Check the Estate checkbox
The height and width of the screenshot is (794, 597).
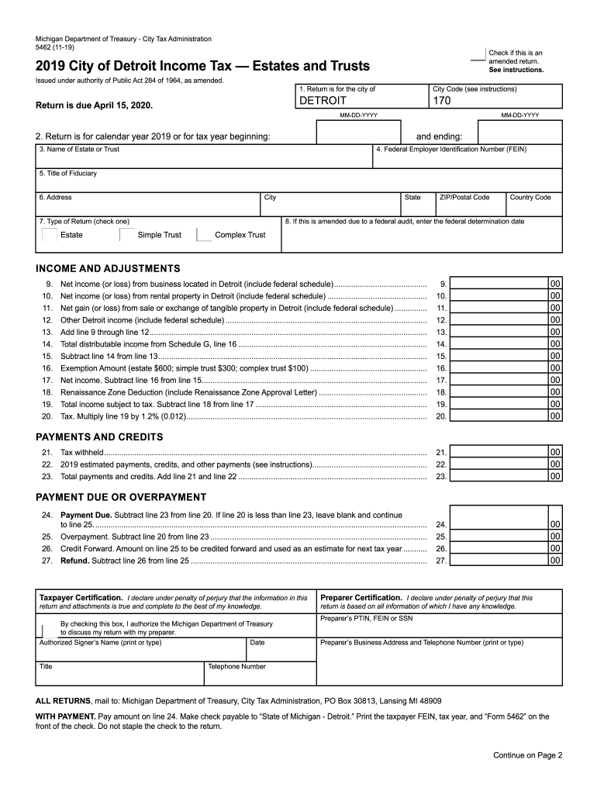48,235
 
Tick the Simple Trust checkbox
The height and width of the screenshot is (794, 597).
126,235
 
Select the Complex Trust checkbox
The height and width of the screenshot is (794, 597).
203,235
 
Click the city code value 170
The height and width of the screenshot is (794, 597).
442,101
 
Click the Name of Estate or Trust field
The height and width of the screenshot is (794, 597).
203,159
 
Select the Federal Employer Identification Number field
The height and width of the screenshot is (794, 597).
467,159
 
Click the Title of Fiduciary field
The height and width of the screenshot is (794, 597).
298,182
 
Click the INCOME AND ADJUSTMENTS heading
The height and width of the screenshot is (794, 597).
108,268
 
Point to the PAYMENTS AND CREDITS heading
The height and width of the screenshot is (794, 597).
99,437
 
